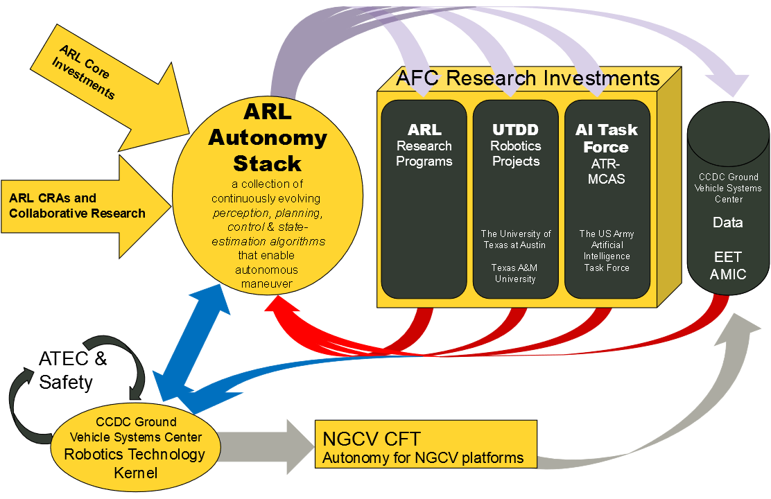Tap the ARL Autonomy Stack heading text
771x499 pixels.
pyautogui.click(x=268, y=137)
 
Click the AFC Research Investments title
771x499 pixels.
pyautogui.click(x=527, y=78)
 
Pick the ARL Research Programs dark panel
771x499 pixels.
pyautogui.click(x=424, y=208)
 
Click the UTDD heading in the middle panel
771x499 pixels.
pyautogui.click(x=515, y=130)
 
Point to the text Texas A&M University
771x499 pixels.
pyautogui.click(x=515, y=273)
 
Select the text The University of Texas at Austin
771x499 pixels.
pyautogui.click(x=516, y=239)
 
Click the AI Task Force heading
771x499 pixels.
pyautogui.click(x=606, y=138)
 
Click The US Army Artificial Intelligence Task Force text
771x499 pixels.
pyautogui.click(x=607, y=250)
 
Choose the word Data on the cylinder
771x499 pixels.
pyautogui.click(x=728, y=222)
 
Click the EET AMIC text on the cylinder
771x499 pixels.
pyautogui.click(x=728, y=266)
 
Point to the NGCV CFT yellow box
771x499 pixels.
pyautogui.click(x=426, y=444)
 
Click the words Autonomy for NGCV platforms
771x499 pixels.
pyautogui.click(x=424, y=458)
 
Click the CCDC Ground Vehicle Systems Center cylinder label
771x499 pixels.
pyautogui.click(x=728, y=188)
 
